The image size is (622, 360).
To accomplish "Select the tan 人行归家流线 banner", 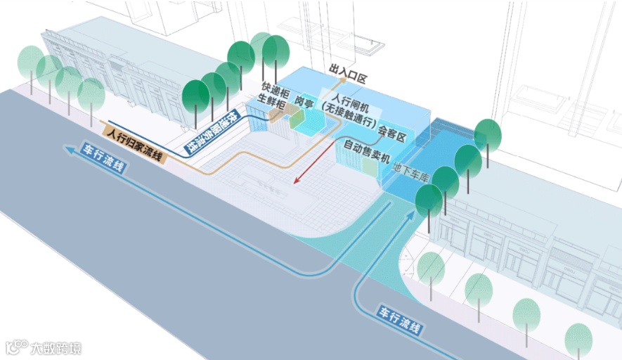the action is point(134,145).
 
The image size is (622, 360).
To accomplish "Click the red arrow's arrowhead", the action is point(297,181).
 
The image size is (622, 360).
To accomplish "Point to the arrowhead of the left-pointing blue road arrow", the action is point(67,148).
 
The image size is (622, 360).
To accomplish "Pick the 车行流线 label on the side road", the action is point(401,322).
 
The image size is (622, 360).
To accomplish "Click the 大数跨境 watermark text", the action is point(56,347).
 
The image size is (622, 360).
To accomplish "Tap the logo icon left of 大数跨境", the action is point(16,347).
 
